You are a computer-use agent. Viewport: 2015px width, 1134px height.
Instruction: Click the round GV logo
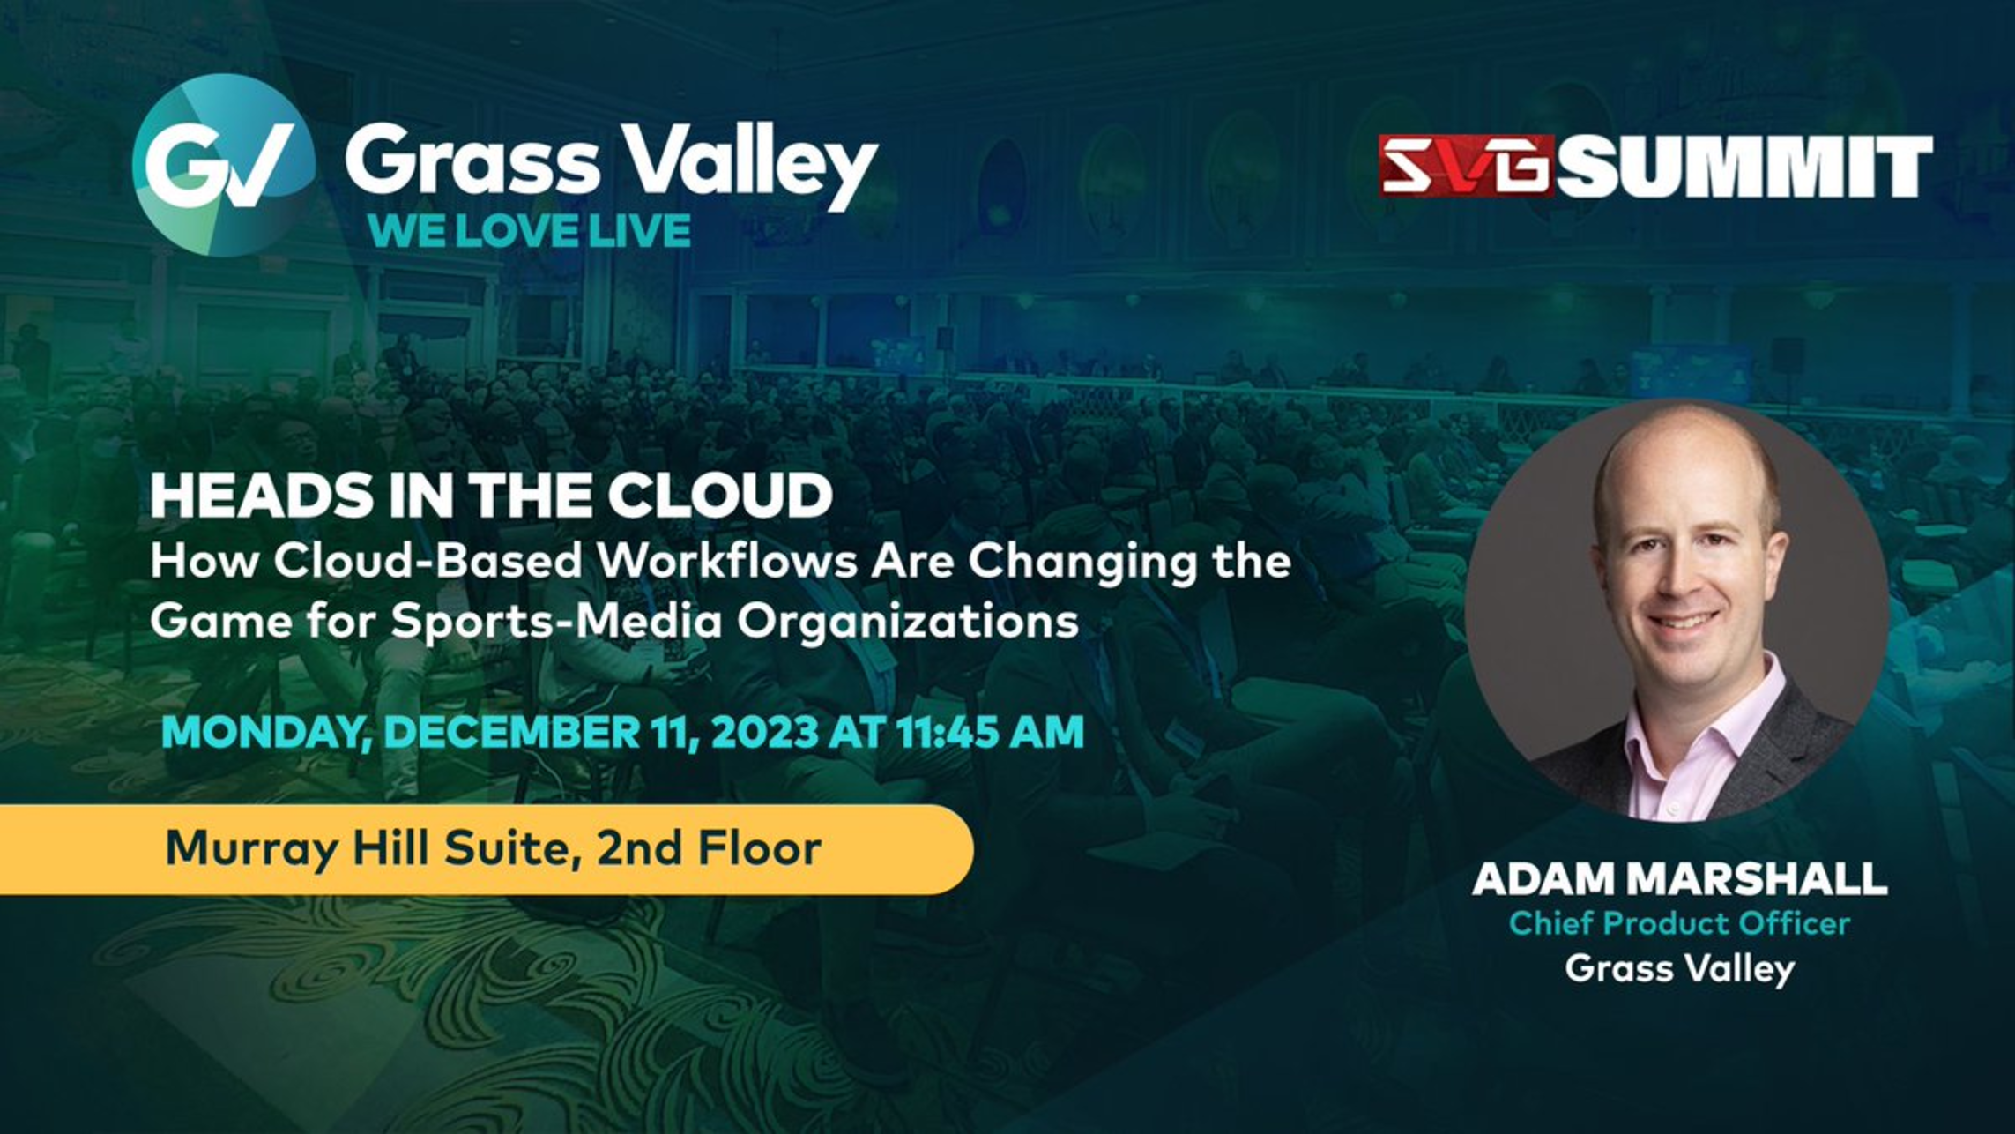[224, 165]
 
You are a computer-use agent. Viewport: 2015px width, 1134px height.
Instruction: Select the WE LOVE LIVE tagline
[530, 231]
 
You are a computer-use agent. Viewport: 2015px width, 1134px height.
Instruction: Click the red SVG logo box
[1466, 165]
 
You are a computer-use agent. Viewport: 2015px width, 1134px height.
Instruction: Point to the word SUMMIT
[1744, 166]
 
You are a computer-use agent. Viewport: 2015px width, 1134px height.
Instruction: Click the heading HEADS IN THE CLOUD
[491, 495]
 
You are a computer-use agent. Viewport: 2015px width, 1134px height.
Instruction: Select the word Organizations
[908, 623]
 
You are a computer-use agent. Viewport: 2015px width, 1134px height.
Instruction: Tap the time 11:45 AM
[990, 733]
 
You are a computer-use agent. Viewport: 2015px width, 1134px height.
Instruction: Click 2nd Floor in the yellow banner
[709, 848]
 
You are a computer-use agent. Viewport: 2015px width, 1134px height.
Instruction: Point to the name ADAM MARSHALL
[1680, 878]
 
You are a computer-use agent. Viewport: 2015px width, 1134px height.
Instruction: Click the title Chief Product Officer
[1679, 923]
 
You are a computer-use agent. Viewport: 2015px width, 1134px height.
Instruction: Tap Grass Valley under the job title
[1680, 969]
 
